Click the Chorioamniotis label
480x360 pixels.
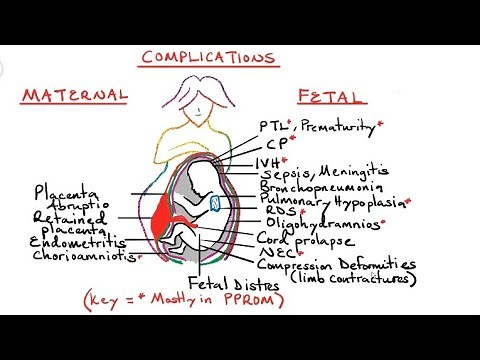[x=84, y=256]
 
